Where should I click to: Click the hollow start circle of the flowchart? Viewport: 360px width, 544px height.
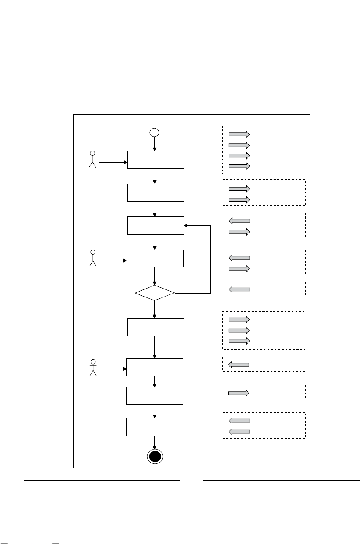[x=154, y=132]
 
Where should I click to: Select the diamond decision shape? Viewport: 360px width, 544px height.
[x=155, y=293]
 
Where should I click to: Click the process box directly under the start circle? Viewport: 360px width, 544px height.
[x=156, y=160]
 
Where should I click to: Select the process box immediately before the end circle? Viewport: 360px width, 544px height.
[x=155, y=427]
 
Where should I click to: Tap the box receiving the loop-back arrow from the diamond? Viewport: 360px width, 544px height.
[x=156, y=225]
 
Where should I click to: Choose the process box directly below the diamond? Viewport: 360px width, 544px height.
[x=156, y=327]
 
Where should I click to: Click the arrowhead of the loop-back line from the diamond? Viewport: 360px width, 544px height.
[x=186, y=225]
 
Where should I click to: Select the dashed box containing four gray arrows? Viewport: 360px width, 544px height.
[x=263, y=150]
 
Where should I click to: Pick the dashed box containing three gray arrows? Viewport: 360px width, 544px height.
[x=263, y=330]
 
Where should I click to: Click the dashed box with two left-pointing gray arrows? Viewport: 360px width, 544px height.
[x=263, y=426]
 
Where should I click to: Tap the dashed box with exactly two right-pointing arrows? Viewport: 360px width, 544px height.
[x=263, y=193]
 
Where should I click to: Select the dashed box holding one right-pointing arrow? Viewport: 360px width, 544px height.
[x=263, y=392]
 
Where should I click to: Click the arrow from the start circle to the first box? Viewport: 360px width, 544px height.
[x=154, y=144]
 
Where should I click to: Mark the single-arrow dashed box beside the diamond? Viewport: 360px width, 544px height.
[x=263, y=289]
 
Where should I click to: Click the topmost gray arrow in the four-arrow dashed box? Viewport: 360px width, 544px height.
[x=239, y=134]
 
